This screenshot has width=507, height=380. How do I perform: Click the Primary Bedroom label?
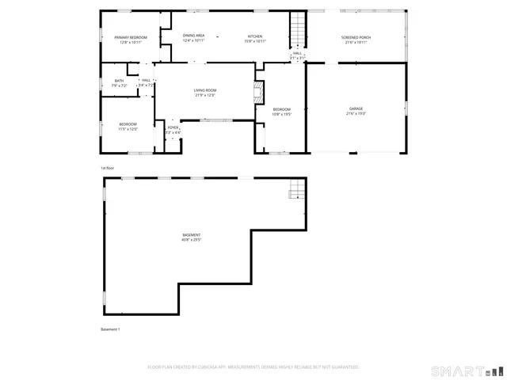(x=131, y=37)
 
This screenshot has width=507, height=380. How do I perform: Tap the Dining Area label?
(x=194, y=36)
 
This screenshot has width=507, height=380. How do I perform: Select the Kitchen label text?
(x=255, y=36)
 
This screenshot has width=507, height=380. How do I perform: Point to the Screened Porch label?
(x=356, y=37)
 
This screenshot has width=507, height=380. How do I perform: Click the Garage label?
(x=356, y=108)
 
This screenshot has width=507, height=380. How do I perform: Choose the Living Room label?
(x=205, y=90)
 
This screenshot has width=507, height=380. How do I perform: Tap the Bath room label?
(x=119, y=80)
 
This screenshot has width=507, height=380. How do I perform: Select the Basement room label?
(x=191, y=235)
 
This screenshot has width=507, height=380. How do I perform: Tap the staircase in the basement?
(x=295, y=189)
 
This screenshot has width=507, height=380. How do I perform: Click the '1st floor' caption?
(x=107, y=169)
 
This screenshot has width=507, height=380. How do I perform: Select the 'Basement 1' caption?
(x=110, y=329)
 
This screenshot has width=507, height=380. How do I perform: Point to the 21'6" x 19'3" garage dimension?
(x=356, y=113)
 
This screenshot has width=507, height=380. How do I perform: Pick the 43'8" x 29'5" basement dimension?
(x=191, y=240)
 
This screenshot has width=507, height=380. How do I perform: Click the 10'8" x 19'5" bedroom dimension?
(x=282, y=114)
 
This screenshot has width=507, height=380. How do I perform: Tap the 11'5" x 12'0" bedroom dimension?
(x=128, y=128)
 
